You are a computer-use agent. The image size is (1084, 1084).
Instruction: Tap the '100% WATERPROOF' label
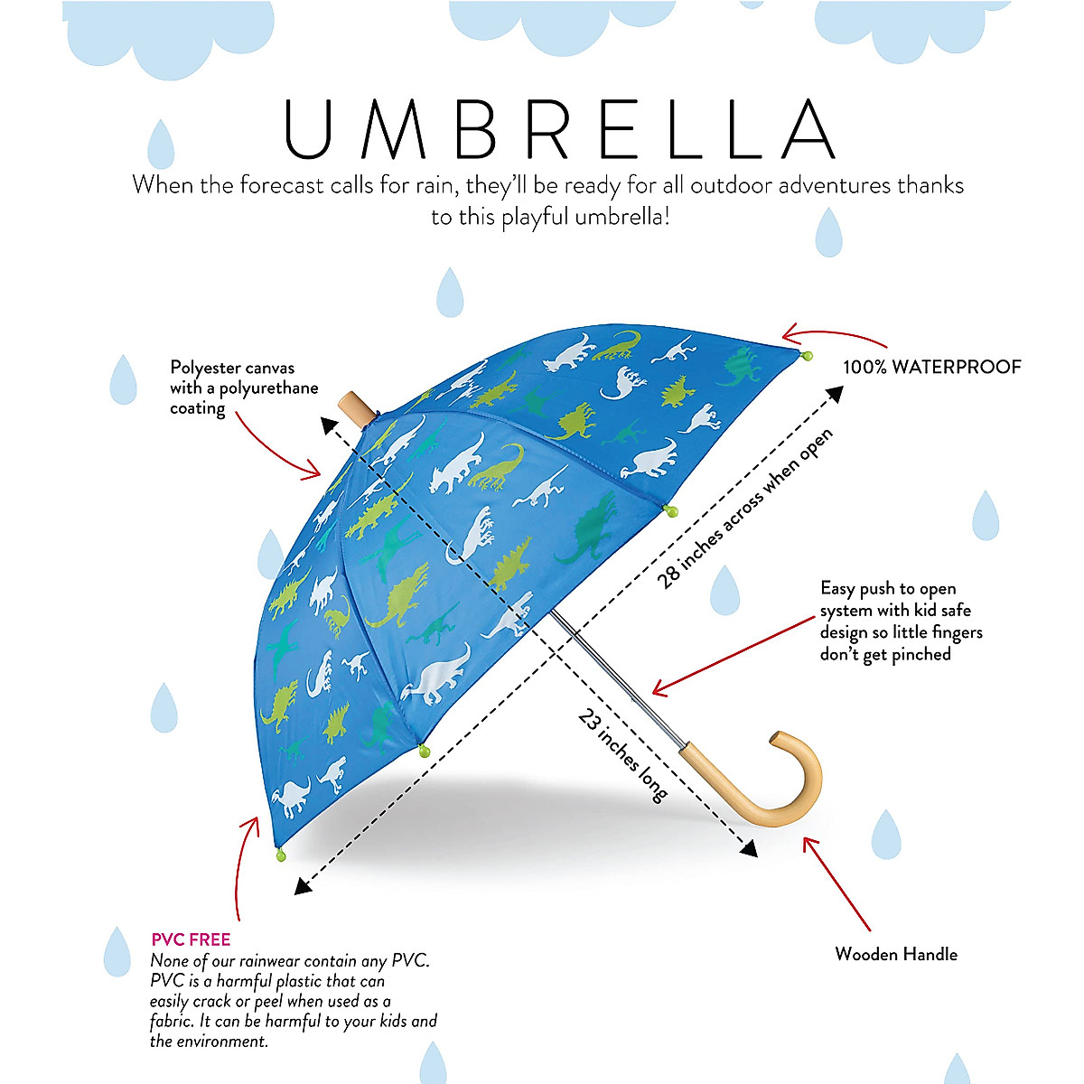[931, 367]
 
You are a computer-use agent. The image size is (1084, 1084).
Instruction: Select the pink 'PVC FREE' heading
[191, 939]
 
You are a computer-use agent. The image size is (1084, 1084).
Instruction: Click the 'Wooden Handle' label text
[895, 954]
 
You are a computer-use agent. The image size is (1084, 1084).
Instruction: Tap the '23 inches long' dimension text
[623, 754]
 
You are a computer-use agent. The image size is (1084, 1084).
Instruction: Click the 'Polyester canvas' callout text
[232, 369]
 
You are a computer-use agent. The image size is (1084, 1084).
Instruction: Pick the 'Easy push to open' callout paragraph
[900, 621]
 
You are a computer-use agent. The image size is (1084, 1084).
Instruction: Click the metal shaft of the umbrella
[614, 677]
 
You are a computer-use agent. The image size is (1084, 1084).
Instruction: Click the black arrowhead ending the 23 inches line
[747, 848]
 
